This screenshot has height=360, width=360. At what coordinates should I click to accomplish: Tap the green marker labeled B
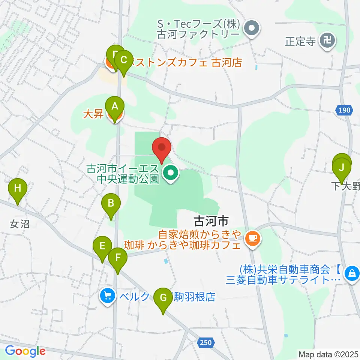(111, 203)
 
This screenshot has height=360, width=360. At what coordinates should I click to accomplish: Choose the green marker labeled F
(118, 258)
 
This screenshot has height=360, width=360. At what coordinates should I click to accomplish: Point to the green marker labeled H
(18, 188)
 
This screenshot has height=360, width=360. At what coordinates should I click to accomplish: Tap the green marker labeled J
(341, 167)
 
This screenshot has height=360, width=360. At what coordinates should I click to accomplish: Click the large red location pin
(162, 147)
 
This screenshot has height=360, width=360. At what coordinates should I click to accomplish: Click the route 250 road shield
(205, 342)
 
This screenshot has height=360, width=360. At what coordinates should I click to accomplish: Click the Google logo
(25, 351)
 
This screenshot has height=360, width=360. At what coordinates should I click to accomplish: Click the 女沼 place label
(19, 225)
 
